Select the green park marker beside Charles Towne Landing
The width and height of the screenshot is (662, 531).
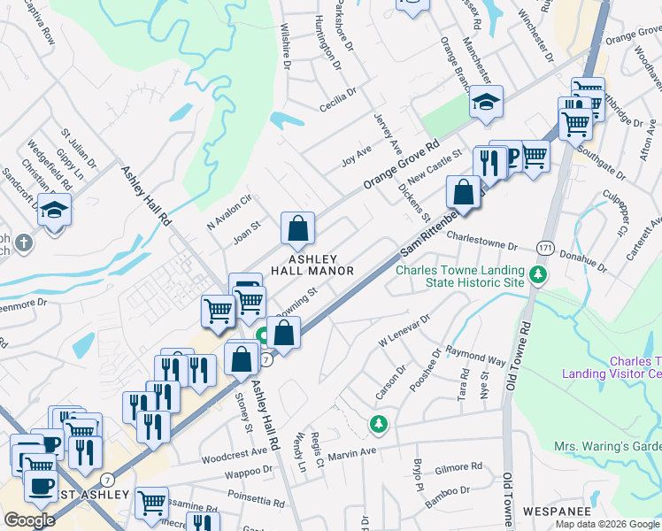538,277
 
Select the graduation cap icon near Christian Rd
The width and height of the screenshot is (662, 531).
55,212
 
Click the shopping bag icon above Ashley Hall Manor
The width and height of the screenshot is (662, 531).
299,228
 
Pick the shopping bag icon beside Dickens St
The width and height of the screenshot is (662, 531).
463,191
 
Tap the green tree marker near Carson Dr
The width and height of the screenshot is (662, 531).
379,425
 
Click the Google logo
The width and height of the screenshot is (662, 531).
29,520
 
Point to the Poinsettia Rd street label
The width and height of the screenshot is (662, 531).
211,496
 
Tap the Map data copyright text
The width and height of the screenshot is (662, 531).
608,523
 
